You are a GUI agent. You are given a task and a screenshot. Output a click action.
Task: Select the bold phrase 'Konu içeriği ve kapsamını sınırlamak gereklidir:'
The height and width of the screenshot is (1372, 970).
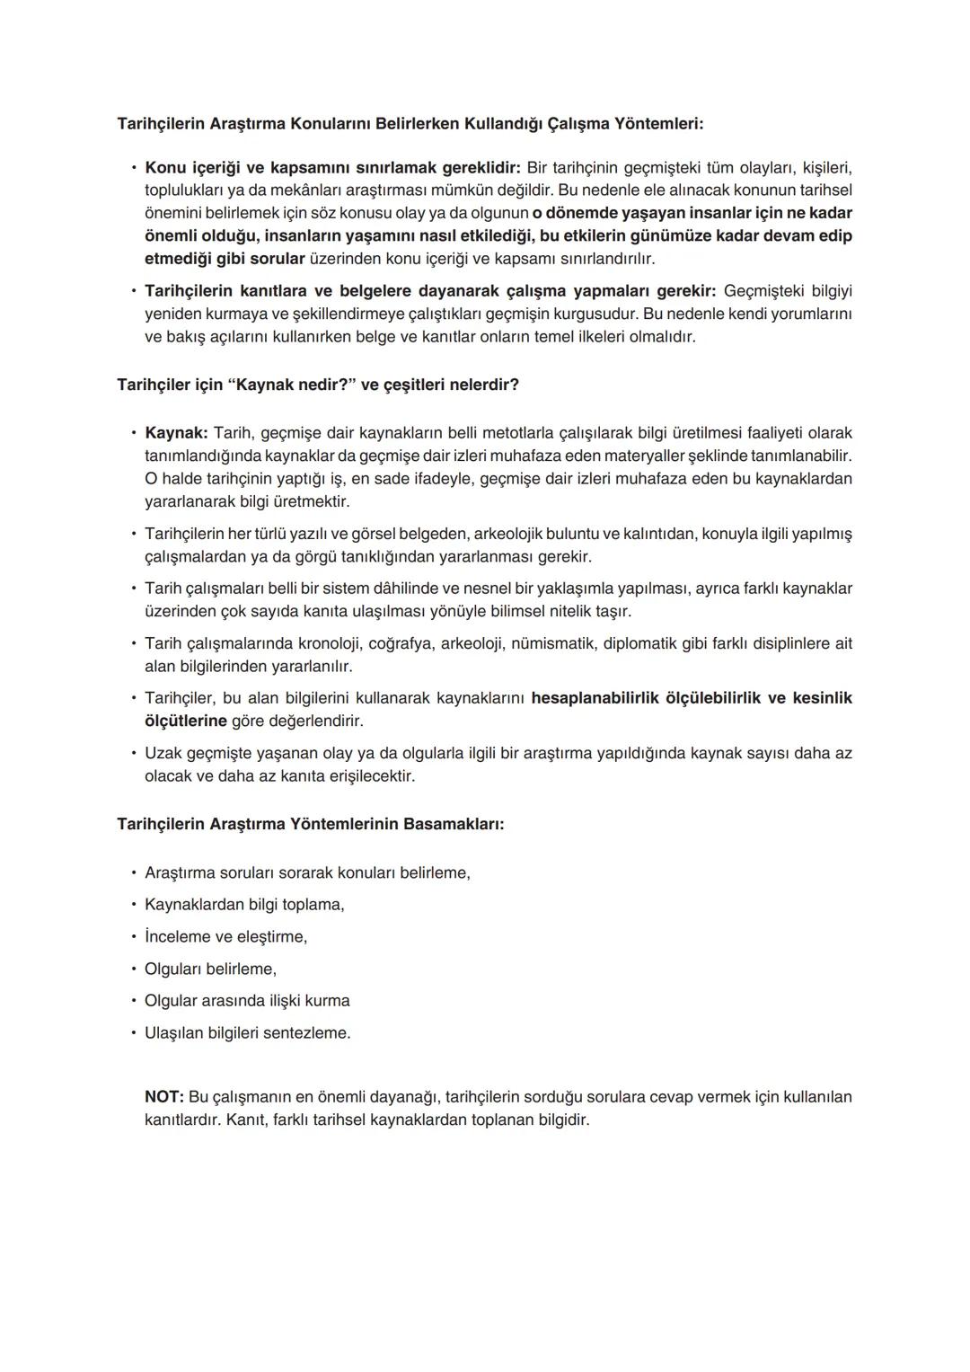pos(332,168)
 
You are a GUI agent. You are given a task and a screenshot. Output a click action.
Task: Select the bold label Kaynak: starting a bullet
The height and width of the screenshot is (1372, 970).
pos(176,433)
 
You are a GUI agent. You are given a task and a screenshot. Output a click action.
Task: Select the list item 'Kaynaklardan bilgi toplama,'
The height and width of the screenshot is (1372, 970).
pos(244,905)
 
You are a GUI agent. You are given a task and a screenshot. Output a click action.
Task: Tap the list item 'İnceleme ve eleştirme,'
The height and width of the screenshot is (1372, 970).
pos(225,937)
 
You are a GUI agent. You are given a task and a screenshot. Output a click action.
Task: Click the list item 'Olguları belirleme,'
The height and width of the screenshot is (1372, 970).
pos(210,969)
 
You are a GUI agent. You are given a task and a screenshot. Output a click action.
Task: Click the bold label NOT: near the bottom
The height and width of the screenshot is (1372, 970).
pos(164,1097)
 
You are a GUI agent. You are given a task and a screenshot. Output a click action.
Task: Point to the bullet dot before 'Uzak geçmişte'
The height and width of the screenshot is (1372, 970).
pos(133,753)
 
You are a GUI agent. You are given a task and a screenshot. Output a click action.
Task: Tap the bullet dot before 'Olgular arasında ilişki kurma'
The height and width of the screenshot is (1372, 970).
pos(133,1001)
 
